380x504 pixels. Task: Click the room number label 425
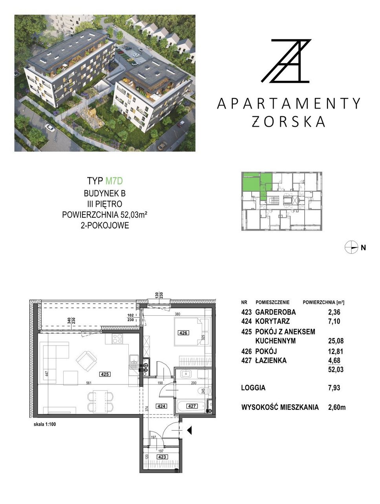104,374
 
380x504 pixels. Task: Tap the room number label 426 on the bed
183,333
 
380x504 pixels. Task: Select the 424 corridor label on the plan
161,406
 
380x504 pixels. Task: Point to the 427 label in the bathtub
192,406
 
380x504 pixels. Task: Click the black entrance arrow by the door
189,430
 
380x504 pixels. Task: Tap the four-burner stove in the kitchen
117,339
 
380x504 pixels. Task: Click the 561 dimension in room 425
89,383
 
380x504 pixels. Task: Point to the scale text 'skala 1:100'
45,424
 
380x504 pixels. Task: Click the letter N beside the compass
363,248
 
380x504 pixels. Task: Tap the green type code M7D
114,181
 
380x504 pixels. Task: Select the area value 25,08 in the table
336,341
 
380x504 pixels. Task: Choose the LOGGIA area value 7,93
334,388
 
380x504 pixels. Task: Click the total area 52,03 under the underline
336,369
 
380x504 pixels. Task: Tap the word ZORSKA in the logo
288,122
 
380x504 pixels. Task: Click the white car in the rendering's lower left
50,127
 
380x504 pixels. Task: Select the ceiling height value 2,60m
337,408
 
